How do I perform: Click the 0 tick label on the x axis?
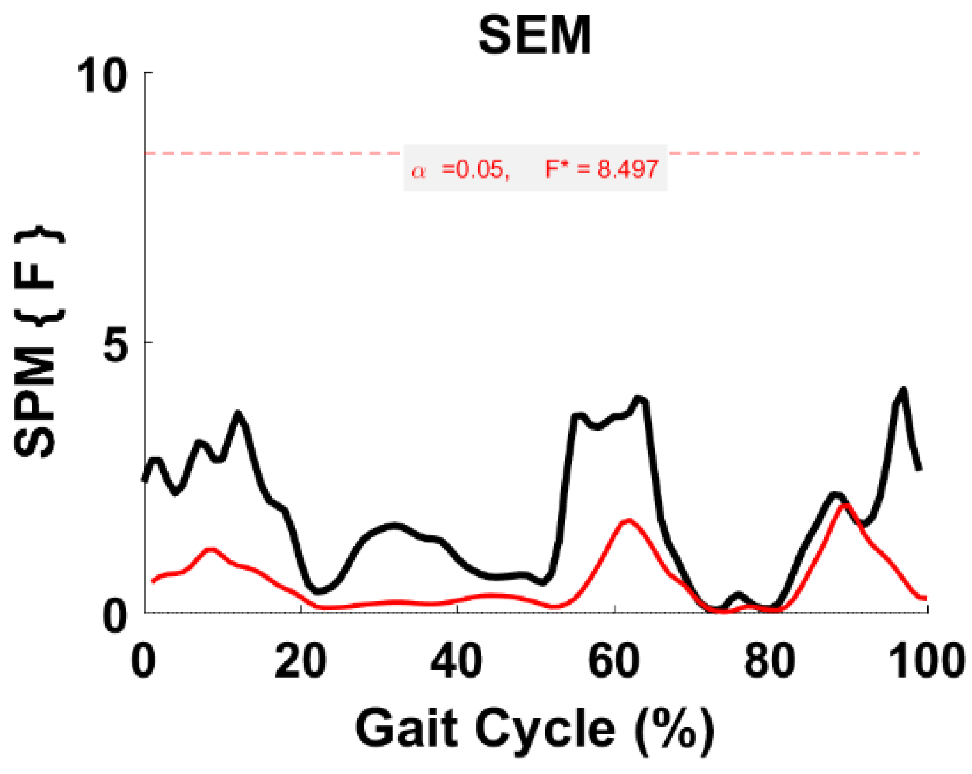144,661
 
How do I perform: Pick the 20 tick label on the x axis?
300,661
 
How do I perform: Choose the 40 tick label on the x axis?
457,661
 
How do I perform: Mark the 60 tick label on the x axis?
614,661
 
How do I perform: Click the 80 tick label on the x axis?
770,661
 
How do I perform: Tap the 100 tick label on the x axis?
927,661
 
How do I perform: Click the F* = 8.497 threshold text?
602,169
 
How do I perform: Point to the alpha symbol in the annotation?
419,171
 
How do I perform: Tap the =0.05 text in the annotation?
475,169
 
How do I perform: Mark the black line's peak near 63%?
639,398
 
